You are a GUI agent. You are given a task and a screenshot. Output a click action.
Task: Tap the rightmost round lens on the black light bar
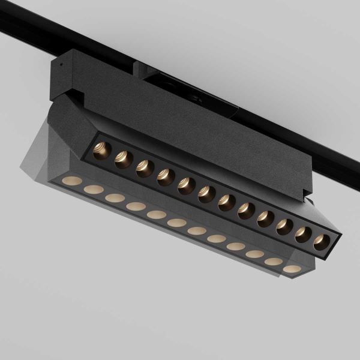click(322, 241)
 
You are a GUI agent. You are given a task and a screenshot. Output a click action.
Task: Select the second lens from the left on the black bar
click(124, 159)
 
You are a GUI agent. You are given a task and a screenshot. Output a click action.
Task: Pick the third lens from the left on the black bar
click(145, 167)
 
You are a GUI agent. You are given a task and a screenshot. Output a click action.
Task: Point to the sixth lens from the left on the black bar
click(206, 194)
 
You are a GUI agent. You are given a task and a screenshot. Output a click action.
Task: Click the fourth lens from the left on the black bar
click(166, 176)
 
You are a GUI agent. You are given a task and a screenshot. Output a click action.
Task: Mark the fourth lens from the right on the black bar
click(266, 218)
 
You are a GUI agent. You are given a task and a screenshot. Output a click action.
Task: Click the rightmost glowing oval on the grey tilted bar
click(292, 269)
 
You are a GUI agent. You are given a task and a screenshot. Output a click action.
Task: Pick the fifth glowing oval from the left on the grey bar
click(157, 214)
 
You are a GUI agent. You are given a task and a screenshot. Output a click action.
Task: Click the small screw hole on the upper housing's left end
click(60, 62)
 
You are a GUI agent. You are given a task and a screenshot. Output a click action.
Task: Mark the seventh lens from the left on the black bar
click(227, 202)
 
